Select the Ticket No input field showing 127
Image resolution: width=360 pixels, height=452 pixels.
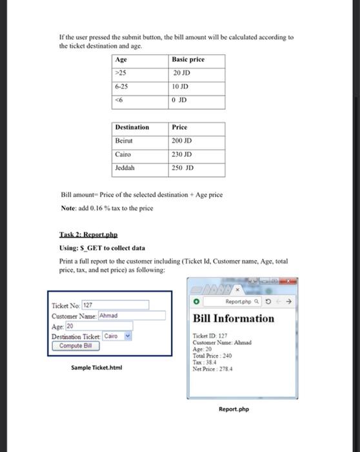pos(115,305)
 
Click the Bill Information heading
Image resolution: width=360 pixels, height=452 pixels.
pos(234,318)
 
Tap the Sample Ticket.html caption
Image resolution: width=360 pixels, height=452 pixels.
pos(97,368)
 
